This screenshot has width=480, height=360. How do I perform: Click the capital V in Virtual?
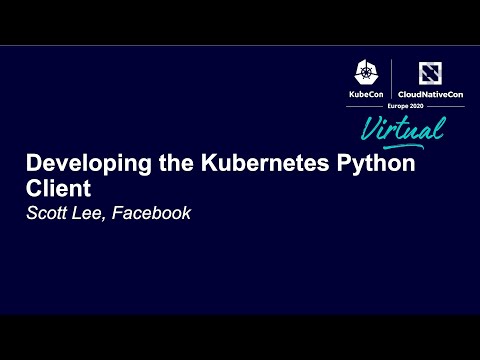367,125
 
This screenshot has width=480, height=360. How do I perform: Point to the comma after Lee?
109,217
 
